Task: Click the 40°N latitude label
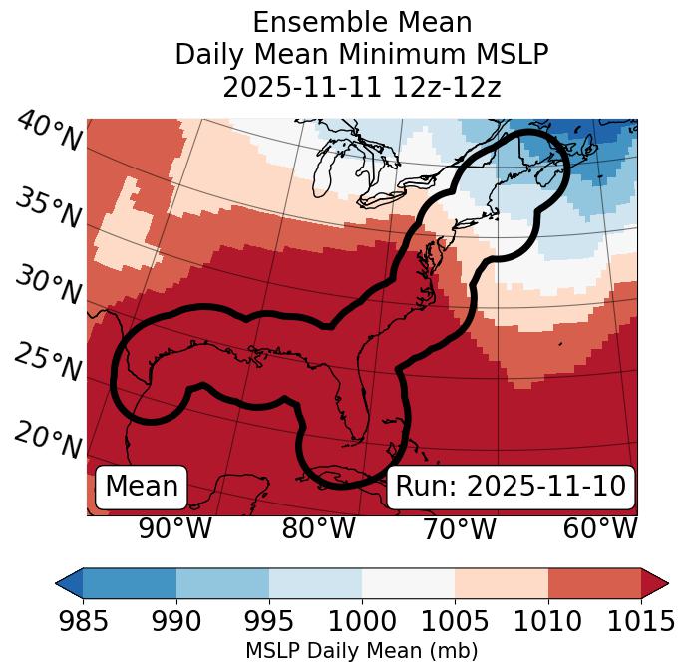click(x=48, y=133)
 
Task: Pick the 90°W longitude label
click(x=174, y=529)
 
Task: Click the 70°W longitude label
click(x=460, y=529)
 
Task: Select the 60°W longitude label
click(x=600, y=529)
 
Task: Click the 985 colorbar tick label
click(x=83, y=622)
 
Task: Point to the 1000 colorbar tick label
click(x=362, y=622)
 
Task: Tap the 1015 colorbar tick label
click(x=640, y=622)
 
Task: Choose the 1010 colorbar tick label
click(x=547, y=622)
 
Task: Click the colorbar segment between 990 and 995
click(x=222, y=583)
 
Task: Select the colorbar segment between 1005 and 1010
click(x=502, y=583)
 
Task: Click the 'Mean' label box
click(x=142, y=487)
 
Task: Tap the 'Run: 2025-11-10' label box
click(x=511, y=487)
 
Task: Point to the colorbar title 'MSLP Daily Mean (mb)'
click(x=362, y=652)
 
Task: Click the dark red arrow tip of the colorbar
click(x=657, y=583)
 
